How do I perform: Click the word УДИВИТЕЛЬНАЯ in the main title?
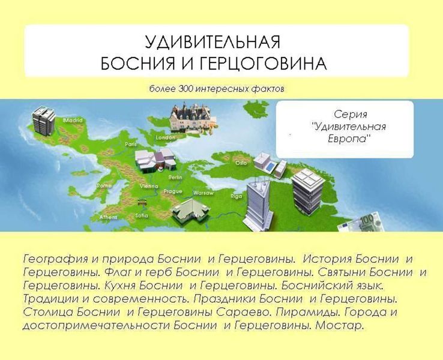coord(212,42)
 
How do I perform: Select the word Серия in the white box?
coord(349,114)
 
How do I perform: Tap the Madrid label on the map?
coord(73,120)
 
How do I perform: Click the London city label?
coord(165,137)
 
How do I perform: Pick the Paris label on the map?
coord(131,144)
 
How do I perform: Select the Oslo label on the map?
coord(241,163)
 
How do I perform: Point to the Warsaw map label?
coord(203,193)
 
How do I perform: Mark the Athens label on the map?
coord(108,217)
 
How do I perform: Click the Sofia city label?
coord(142,215)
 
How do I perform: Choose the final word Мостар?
coord(341,326)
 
